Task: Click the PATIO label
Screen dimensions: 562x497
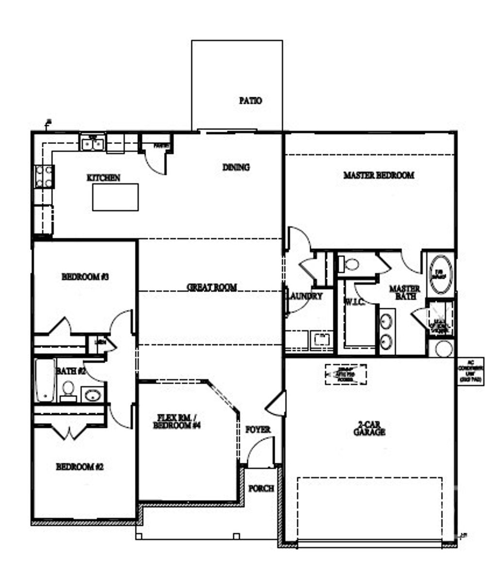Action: click(x=250, y=101)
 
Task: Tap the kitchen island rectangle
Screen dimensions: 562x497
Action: click(x=115, y=197)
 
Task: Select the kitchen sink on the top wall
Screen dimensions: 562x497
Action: click(x=92, y=143)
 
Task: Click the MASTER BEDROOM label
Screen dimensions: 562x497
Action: click(x=379, y=175)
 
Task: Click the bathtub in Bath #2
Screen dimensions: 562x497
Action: click(x=44, y=380)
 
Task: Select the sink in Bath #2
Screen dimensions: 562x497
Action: click(x=92, y=394)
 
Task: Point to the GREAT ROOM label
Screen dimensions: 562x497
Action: click(x=212, y=287)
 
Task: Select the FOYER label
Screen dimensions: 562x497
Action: click(x=258, y=430)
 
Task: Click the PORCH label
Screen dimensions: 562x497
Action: click(x=261, y=488)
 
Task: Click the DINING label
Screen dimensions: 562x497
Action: click(x=236, y=167)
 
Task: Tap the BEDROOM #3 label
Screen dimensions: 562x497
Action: click(x=85, y=277)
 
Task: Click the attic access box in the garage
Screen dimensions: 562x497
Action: click(x=346, y=374)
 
